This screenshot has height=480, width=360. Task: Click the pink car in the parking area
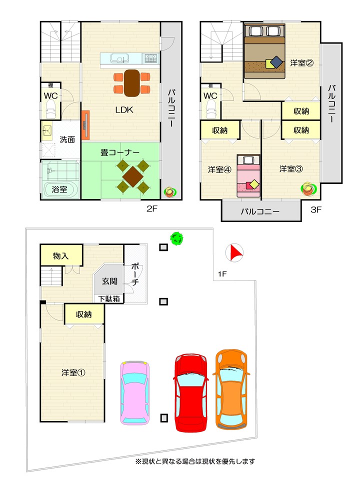coord(135,393)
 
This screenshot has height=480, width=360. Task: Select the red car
coord(190,392)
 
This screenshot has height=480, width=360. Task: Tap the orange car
coord(231,389)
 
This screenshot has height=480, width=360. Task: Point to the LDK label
coord(124,110)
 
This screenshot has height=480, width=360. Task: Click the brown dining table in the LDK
coord(132,83)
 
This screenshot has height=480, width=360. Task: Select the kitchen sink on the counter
coord(118,58)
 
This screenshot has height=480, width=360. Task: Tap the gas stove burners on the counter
coord(151,58)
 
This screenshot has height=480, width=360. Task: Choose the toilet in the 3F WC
coord(211,109)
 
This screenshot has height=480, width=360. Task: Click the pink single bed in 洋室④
coord(248,175)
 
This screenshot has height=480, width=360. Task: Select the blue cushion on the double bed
coord(276,62)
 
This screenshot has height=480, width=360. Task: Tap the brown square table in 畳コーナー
coord(132,176)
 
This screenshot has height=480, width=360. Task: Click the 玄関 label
coord(109,281)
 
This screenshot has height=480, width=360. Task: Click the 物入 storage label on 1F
coord(60,256)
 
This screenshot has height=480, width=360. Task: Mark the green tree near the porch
coord(176,239)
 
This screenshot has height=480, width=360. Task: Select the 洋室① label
coord(73,372)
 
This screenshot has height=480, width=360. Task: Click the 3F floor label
coord(316,209)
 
